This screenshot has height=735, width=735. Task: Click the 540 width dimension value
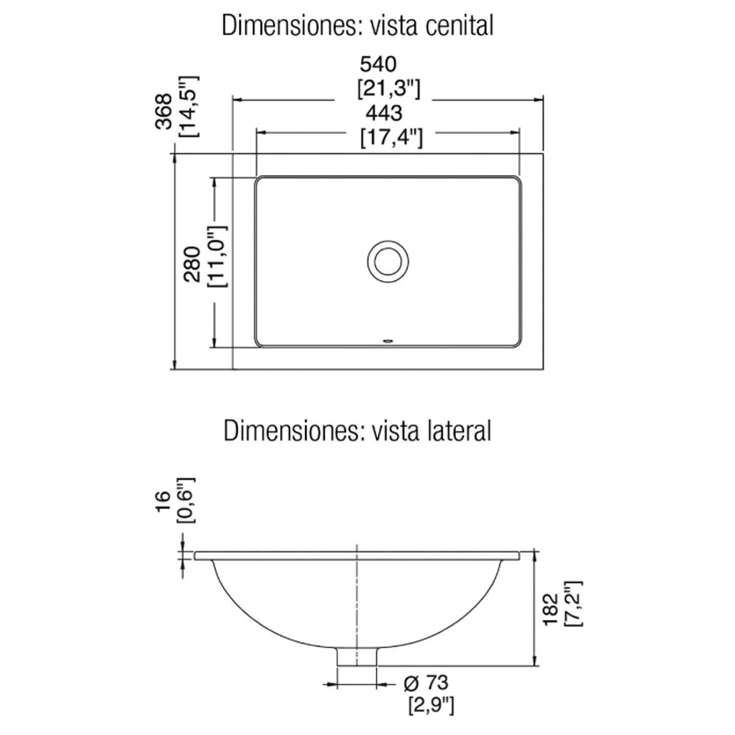[378, 64]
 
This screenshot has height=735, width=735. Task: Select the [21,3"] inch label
[388, 88]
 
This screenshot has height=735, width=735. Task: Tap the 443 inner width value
[384, 113]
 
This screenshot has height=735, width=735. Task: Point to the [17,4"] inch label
[391, 137]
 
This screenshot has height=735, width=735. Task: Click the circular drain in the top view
[388, 261]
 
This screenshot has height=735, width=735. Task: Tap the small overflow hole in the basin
[388, 339]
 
